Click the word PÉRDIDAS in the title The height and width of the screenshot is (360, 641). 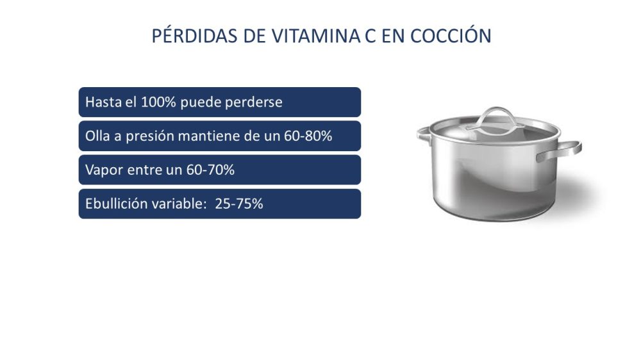(x=195, y=35)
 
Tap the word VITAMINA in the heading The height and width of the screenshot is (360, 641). (x=317, y=36)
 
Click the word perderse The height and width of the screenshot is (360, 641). (x=253, y=102)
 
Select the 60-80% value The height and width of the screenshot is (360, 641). (x=308, y=136)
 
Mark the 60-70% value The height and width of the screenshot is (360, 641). (x=210, y=170)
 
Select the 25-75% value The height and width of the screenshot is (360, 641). (x=239, y=204)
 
